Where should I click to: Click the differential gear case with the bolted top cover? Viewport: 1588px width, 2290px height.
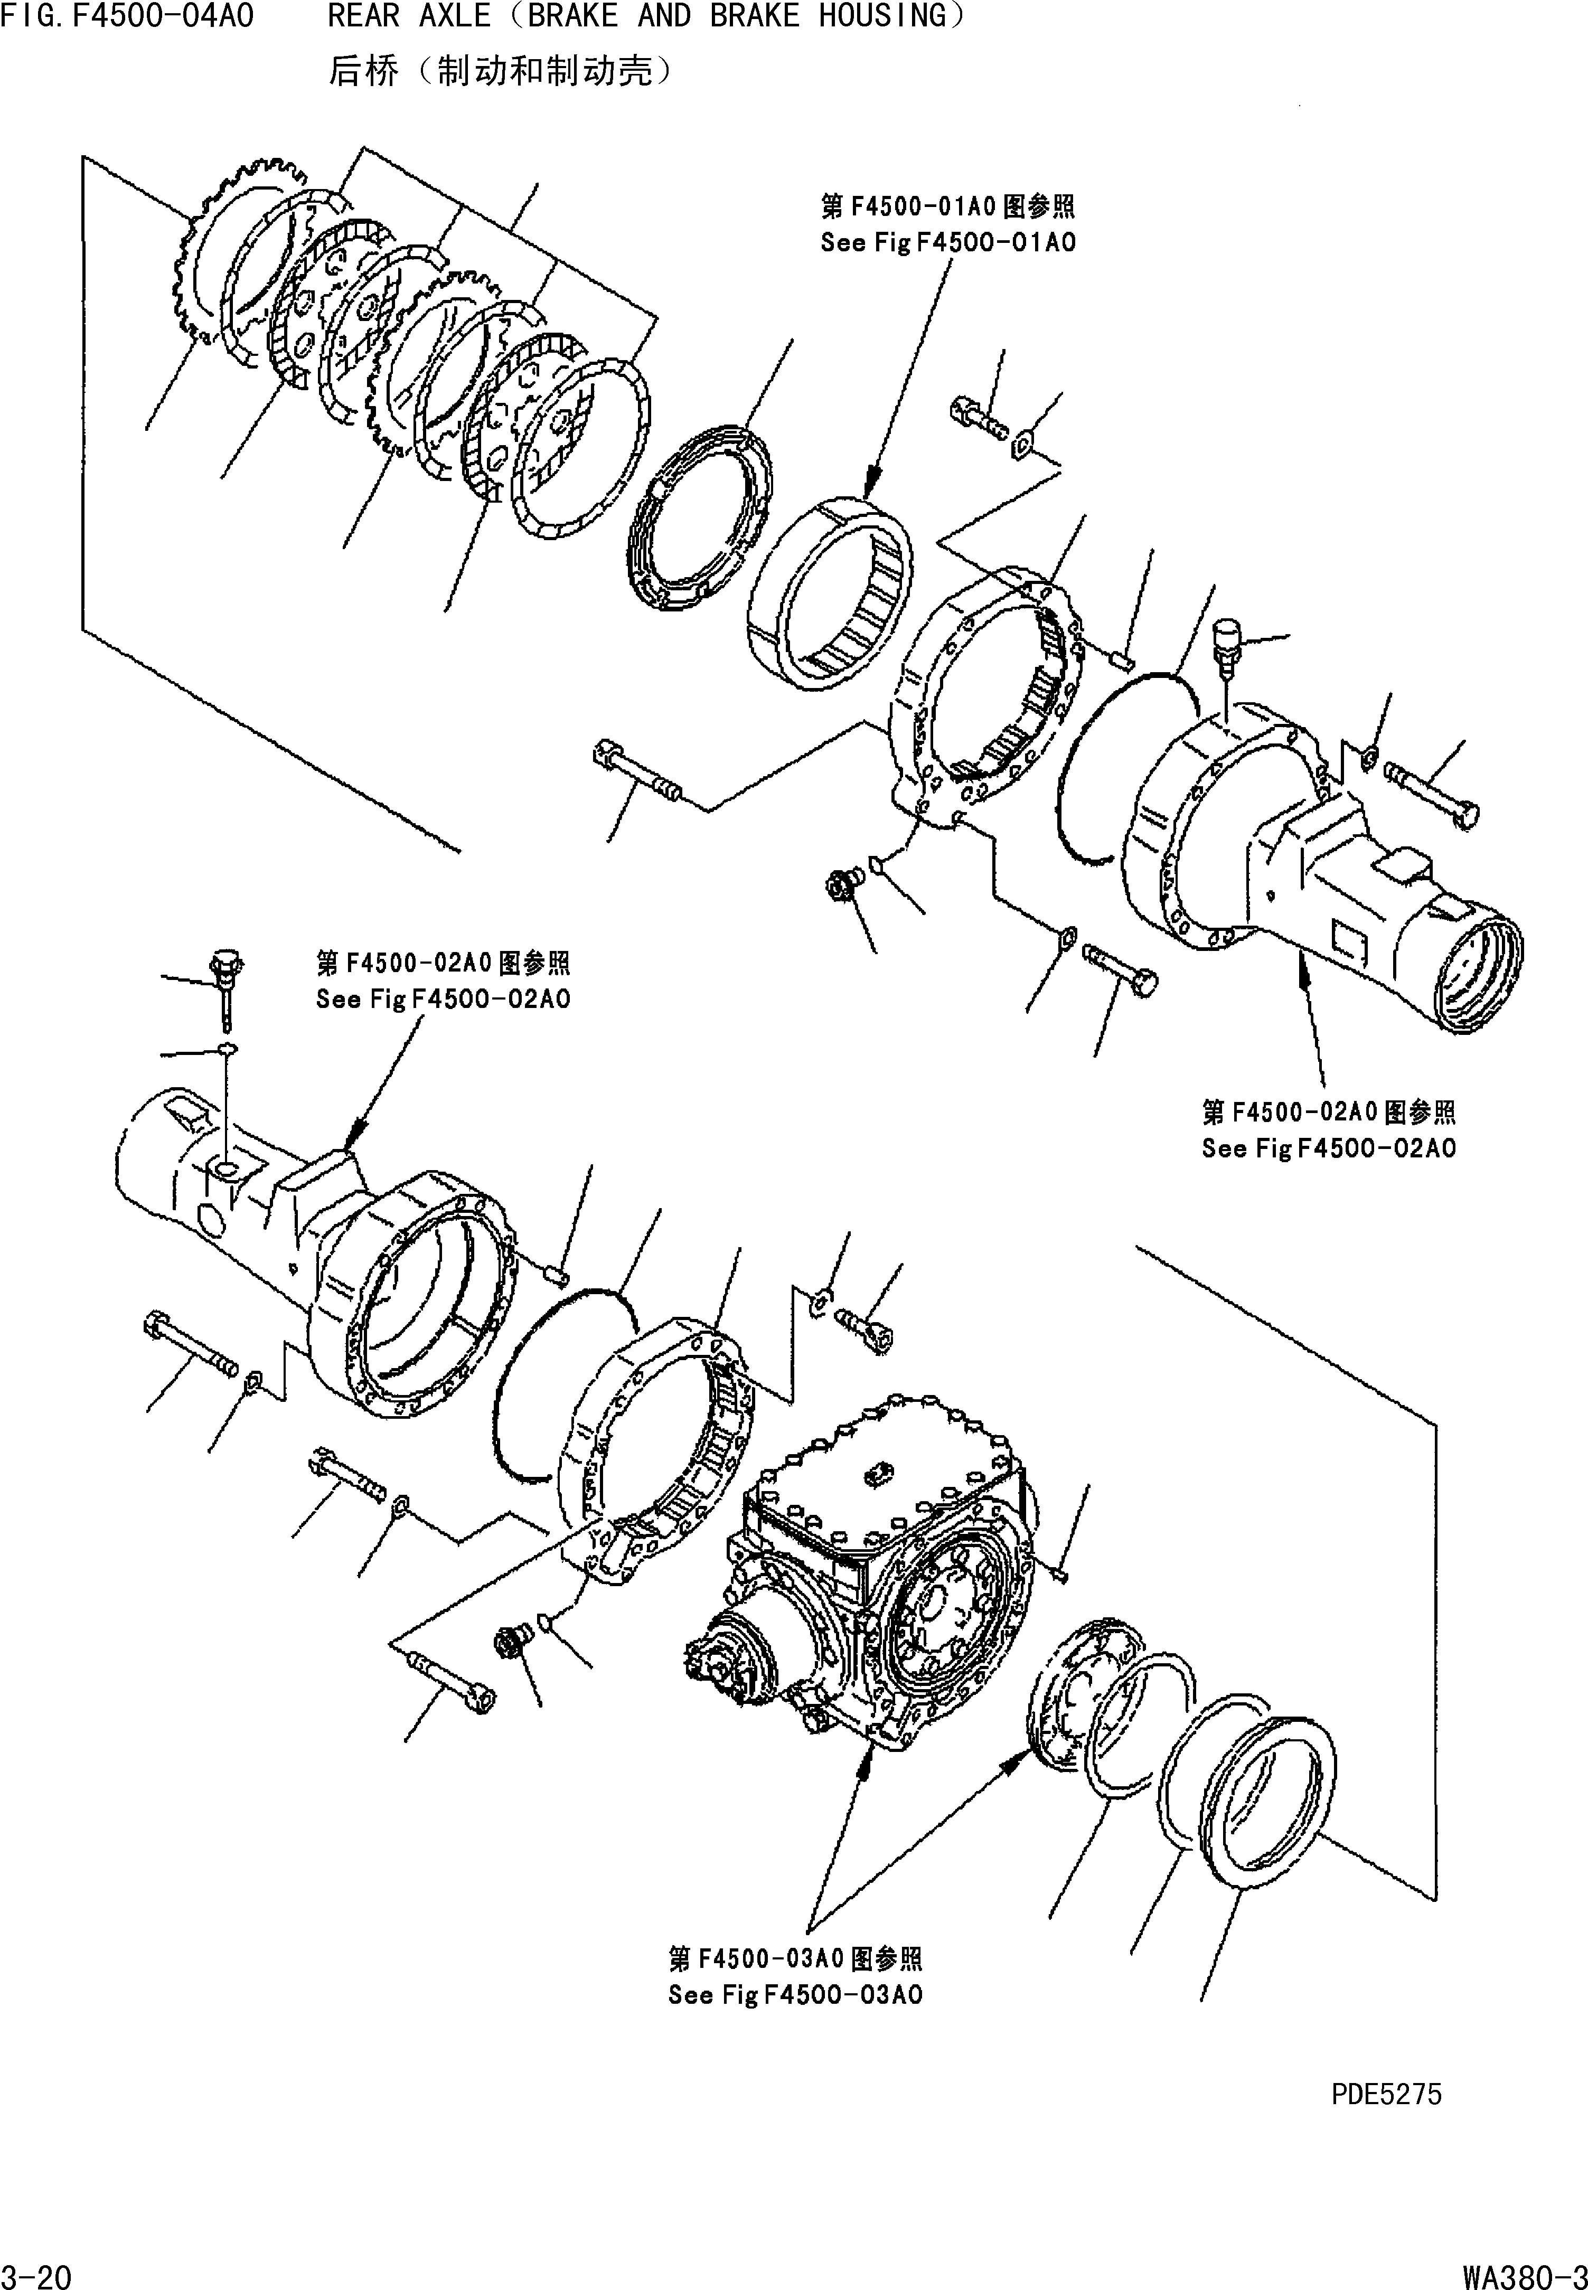[876, 1562]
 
